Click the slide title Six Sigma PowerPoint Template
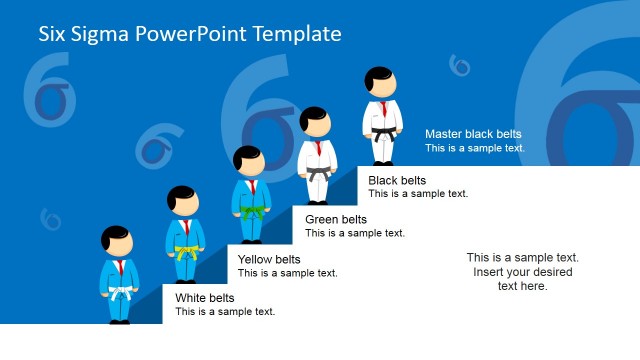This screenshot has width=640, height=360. tap(190, 33)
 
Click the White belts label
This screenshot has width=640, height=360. tap(205, 298)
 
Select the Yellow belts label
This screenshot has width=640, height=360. tap(269, 259)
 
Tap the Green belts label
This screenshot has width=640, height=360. tap(336, 220)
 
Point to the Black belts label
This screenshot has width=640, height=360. tap(397, 181)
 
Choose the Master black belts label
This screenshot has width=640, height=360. tap(473, 134)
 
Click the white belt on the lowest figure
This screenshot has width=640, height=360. tap(119, 294)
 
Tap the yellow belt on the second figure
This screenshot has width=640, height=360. tap(185, 253)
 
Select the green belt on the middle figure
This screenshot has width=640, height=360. tap(252, 212)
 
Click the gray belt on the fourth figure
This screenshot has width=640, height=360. tap(318, 172)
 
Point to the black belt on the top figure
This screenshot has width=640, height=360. tap(383, 133)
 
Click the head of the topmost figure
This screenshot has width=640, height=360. tap(379, 83)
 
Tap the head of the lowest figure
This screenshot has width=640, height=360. tap(117, 242)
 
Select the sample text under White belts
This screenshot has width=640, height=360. tap(225, 312)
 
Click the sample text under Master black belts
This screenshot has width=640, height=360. tap(474, 148)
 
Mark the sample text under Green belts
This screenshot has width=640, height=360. tap(355, 233)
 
